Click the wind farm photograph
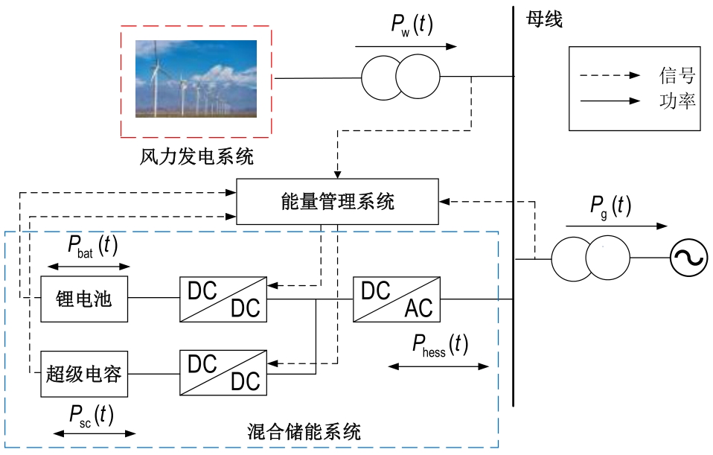tap(196, 79)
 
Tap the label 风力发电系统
tap(196, 157)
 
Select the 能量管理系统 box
tap(338, 202)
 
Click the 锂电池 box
tap(84, 299)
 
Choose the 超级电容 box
tap(84, 373)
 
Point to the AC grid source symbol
tap(688, 259)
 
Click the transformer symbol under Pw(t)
tap(400, 77)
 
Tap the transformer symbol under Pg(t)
tap(589, 259)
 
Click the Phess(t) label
tap(440, 346)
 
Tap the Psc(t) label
tap(92, 416)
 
